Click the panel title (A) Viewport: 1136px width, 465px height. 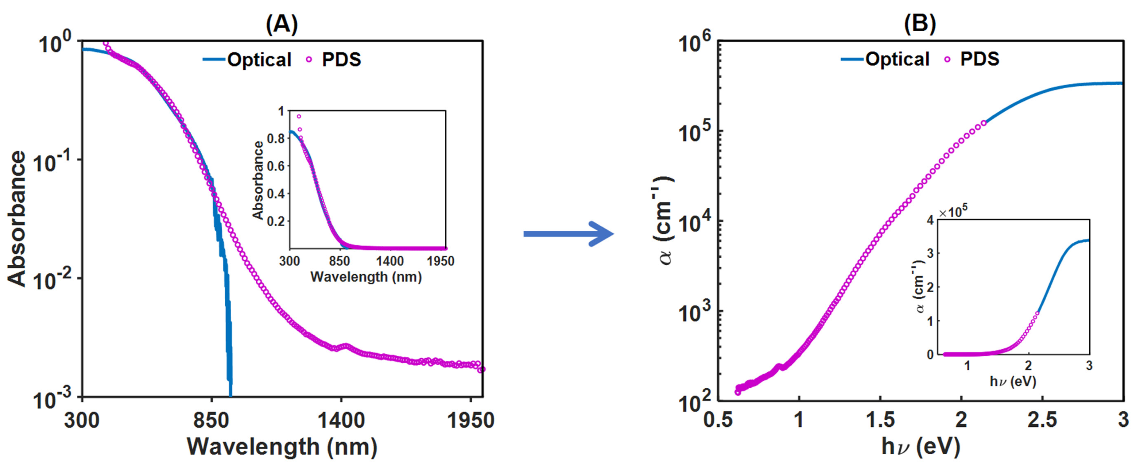click(281, 25)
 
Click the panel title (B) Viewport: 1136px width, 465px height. click(920, 25)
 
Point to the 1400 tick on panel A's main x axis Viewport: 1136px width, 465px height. click(341, 421)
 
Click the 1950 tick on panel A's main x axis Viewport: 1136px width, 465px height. click(471, 421)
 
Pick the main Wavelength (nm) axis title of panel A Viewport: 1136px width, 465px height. click(282, 447)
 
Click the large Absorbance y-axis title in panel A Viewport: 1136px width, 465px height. click(17, 219)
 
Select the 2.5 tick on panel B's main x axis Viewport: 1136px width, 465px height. click(1042, 420)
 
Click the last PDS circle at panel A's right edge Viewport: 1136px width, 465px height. click(482, 369)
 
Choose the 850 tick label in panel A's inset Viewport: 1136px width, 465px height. click(339, 261)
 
